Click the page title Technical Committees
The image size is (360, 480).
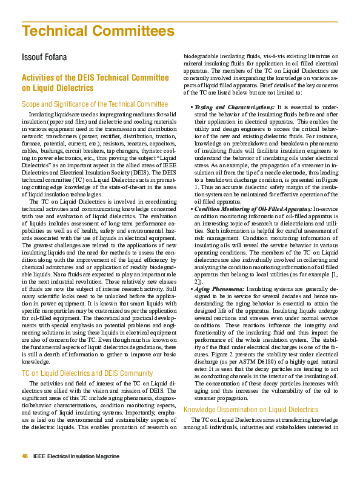98,32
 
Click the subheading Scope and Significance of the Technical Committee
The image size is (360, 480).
95,104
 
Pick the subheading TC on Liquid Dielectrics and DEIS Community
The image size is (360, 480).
87,373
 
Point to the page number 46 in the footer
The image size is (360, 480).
25,456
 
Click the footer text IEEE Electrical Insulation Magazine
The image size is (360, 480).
76,456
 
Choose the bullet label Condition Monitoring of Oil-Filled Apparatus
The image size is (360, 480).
252,208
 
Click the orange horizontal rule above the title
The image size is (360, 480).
180,20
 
